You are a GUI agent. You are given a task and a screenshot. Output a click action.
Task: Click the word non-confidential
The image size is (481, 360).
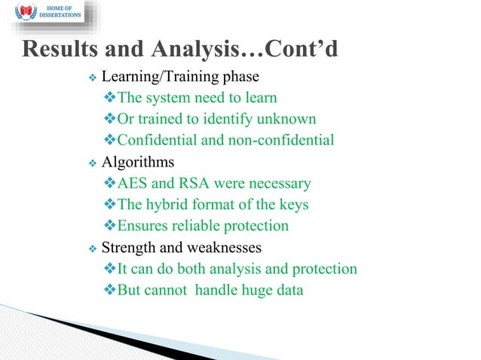(x=279, y=140)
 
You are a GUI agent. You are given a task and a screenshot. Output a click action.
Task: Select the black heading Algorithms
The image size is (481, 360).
(x=138, y=162)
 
